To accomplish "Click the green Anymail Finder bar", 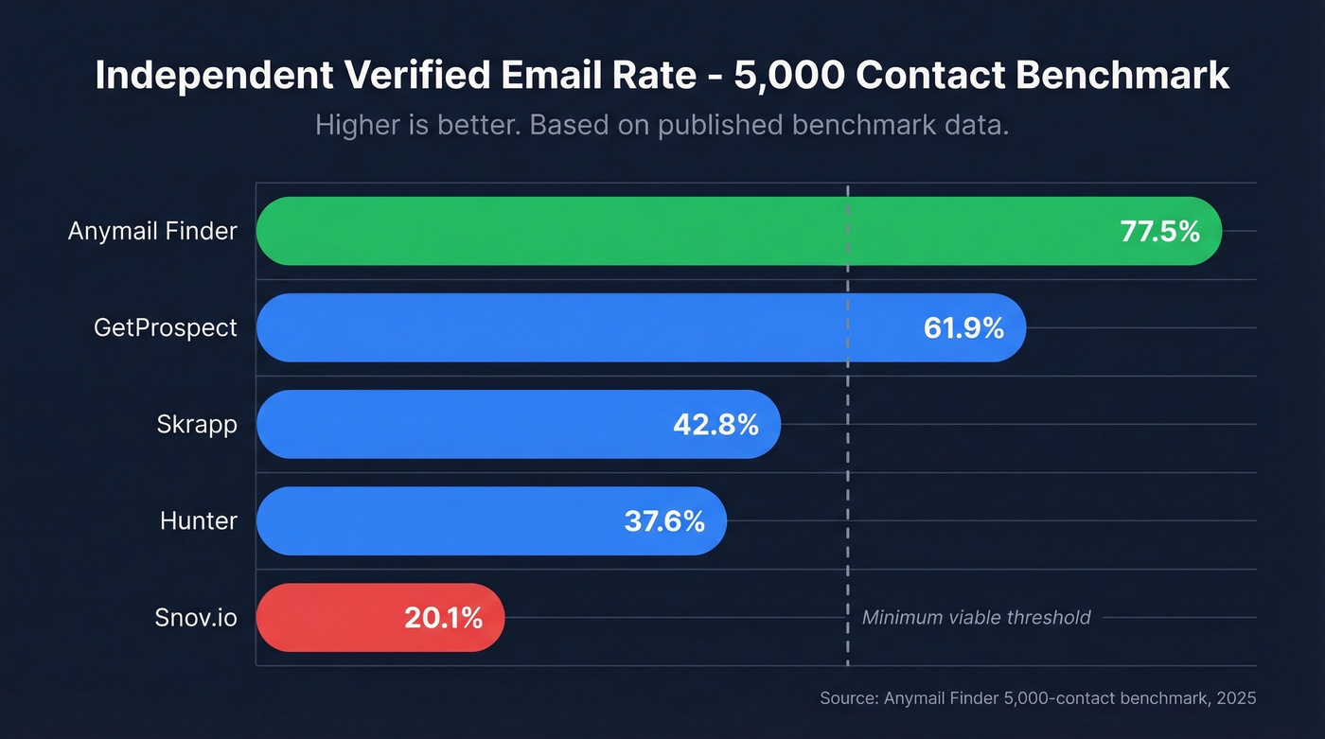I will point(662,231).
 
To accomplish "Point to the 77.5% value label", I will point(1159,231).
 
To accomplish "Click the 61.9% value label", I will point(963,327).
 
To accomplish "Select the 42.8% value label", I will point(715,425).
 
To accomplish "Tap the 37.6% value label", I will point(664,521).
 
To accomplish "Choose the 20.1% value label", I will point(443,618).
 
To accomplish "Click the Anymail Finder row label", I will point(152,231).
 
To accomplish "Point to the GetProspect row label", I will point(166,327).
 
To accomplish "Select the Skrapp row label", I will point(197,425).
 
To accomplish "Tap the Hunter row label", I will point(199,521).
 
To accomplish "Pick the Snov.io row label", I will point(196,618).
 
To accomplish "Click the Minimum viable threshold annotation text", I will point(976,618).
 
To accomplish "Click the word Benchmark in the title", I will point(1123,76).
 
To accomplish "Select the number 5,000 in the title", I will point(787,76).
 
